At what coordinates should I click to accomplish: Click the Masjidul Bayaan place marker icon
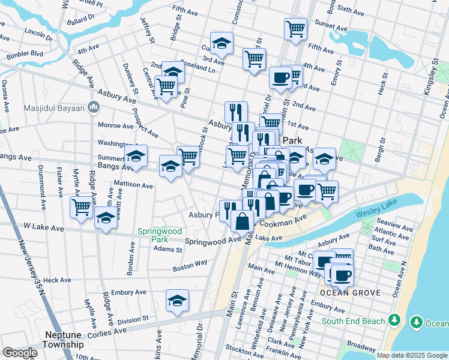click(x=93, y=108)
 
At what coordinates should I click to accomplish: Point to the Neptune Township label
click(x=63, y=340)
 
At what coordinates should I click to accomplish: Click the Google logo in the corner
click(x=20, y=353)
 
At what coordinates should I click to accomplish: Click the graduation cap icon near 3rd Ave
click(x=221, y=43)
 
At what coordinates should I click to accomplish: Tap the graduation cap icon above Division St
click(x=177, y=301)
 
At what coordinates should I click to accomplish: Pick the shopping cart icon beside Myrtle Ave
click(x=81, y=208)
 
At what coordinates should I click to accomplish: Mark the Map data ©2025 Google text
click(x=411, y=355)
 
